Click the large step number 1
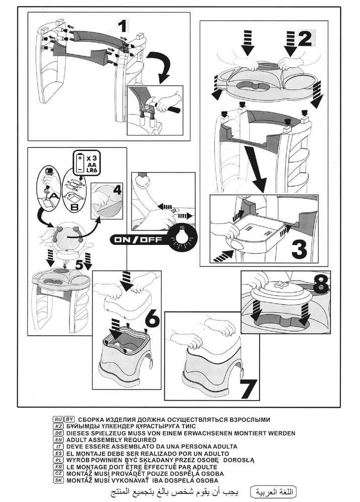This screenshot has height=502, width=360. (123, 26)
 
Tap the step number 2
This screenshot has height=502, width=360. (304, 39)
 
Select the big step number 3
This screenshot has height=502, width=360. (299, 249)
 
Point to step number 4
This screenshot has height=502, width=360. (116, 190)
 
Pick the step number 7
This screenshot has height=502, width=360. (248, 389)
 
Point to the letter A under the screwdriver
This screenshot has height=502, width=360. (54, 195)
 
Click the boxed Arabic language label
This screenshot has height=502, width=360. (273, 491)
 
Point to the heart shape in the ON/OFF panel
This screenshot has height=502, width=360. (140, 180)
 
